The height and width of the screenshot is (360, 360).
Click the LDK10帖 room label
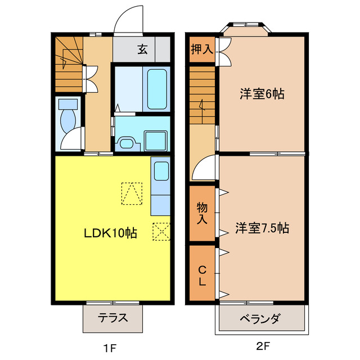coord(111,232)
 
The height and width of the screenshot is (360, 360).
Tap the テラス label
coord(112,318)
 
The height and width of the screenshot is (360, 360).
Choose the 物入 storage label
coord(201,213)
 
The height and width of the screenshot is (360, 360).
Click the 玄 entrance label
coord(142,49)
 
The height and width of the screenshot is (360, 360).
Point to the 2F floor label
coord(263,347)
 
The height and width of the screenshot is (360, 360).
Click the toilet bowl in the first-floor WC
coord(69,119)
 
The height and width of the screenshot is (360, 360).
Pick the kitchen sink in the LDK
coord(160,171)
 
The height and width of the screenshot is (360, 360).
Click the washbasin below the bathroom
coord(126,143)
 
